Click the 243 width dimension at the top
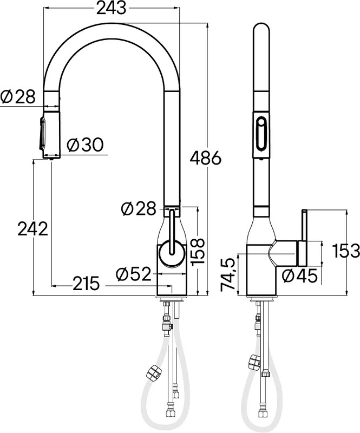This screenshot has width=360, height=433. [x=112, y=9]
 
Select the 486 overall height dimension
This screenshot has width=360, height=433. [x=206, y=158]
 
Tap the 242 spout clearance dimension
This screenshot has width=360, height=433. [x=33, y=229]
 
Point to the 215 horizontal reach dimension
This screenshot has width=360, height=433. [x=86, y=284]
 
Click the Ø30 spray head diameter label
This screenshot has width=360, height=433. [x=86, y=145]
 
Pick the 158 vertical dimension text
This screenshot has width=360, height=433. [x=197, y=251]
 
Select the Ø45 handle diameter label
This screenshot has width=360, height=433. [x=300, y=276]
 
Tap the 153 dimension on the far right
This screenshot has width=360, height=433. [x=346, y=251]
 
